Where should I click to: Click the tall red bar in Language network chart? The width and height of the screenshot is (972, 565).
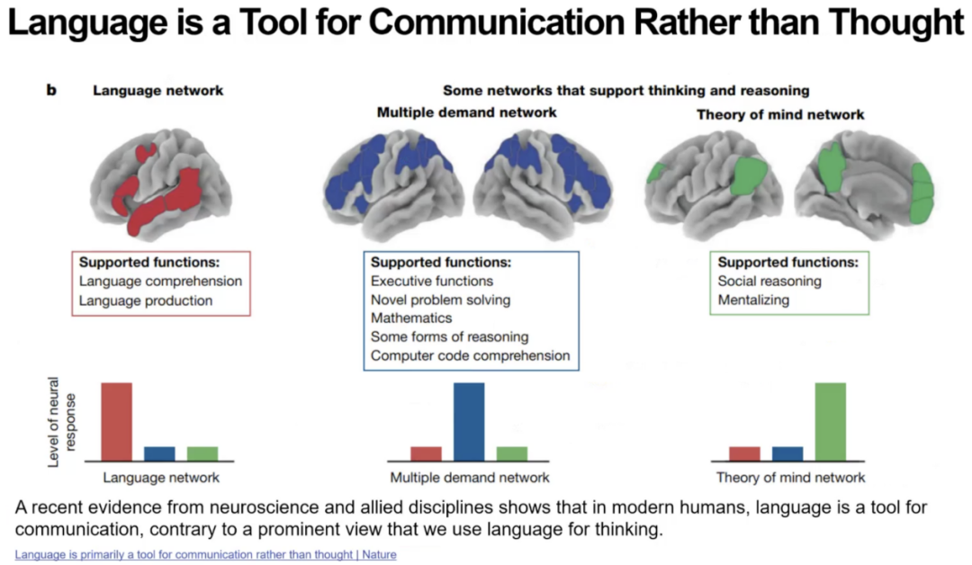click(117, 421)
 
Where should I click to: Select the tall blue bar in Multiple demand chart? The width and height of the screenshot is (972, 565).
click(469, 421)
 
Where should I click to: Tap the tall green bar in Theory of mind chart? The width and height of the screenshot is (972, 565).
click(830, 421)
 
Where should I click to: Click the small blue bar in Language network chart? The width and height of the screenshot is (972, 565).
click(160, 453)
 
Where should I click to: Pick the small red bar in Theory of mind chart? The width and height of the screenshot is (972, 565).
click(744, 453)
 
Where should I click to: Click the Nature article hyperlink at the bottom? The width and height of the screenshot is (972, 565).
click(205, 555)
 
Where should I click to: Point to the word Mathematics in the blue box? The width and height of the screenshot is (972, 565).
click(411, 318)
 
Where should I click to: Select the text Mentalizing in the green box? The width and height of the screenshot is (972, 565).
click(754, 300)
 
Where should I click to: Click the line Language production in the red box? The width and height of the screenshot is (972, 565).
click(146, 300)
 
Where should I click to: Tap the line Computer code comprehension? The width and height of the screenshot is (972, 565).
click(470, 356)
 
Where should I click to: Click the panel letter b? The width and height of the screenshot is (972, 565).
click(51, 90)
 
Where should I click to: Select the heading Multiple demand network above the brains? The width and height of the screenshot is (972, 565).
click(466, 112)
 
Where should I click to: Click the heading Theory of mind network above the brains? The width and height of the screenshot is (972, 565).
click(780, 114)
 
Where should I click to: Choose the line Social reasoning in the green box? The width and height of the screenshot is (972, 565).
click(769, 281)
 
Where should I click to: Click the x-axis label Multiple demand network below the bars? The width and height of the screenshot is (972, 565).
click(469, 478)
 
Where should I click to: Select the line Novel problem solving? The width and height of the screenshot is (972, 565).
click(440, 300)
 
